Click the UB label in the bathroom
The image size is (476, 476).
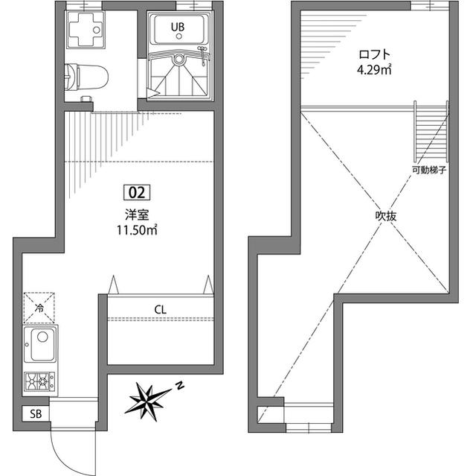pos(178,27)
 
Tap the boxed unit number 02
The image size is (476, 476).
pos(137,193)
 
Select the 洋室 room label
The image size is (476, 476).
pos(137,215)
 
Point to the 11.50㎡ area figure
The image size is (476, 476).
pos(137,230)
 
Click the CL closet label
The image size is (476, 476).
pos(161,310)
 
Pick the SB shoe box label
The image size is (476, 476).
pos(36,413)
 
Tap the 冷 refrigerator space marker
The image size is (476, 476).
pos(39,308)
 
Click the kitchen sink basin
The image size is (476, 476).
pos(43,344)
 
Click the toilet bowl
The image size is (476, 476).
pos(86,77)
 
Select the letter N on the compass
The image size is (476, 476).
pos(180,385)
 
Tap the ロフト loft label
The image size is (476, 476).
pos(373,54)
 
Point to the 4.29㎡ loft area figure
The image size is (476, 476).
pos(373,70)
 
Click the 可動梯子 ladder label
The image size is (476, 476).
pos(429,170)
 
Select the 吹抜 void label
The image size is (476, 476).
pos(385,216)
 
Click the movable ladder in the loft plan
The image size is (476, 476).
pos(431,131)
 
